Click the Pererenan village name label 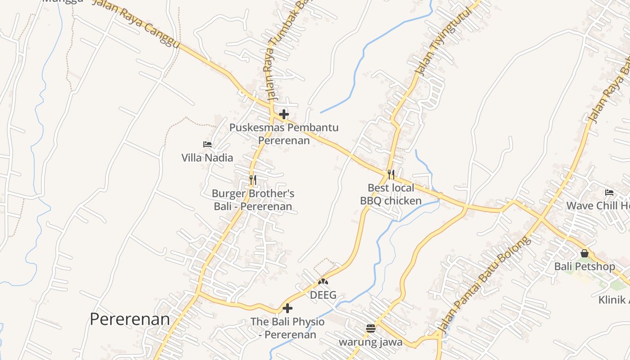(x=130, y=319)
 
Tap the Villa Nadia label (x=207, y=157)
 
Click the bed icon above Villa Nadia (x=207, y=144)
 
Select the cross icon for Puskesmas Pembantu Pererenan (x=284, y=114)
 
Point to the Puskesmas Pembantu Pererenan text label (x=284, y=134)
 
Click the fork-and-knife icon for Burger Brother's (x=253, y=180)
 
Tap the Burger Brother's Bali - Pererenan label (x=253, y=200)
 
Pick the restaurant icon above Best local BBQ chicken (x=391, y=174)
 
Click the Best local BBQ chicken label (x=391, y=194)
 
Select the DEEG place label (x=323, y=295)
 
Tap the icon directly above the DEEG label (x=323, y=282)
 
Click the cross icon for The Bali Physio (x=288, y=308)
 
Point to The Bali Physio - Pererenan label (x=288, y=328)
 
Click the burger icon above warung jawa (x=370, y=328)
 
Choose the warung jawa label (x=370, y=342)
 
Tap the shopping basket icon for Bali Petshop (x=584, y=253)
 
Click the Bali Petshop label (x=584, y=266)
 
